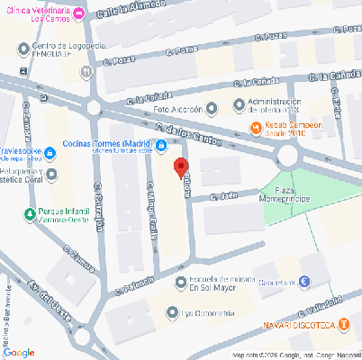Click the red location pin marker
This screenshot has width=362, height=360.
click(180, 167)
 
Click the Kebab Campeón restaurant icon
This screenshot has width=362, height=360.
click(256, 126)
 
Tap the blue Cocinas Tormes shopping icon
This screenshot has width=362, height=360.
click(160, 146)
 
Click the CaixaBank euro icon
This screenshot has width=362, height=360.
click(304, 281)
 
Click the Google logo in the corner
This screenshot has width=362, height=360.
click(19, 352)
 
